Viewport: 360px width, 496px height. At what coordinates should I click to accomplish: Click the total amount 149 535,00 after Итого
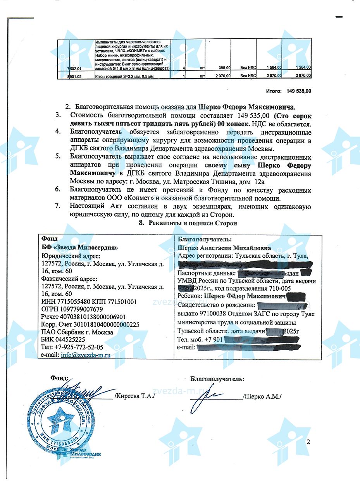click(x=299, y=91)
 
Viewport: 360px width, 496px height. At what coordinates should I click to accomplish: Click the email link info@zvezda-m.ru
click(x=86, y=355)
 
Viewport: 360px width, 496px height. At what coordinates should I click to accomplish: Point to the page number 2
click(x=308, y=442)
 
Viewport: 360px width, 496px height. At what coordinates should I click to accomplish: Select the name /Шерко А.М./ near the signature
click(x=262, y=396)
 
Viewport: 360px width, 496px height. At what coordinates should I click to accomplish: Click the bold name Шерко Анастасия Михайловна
click(x=224, y=248)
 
